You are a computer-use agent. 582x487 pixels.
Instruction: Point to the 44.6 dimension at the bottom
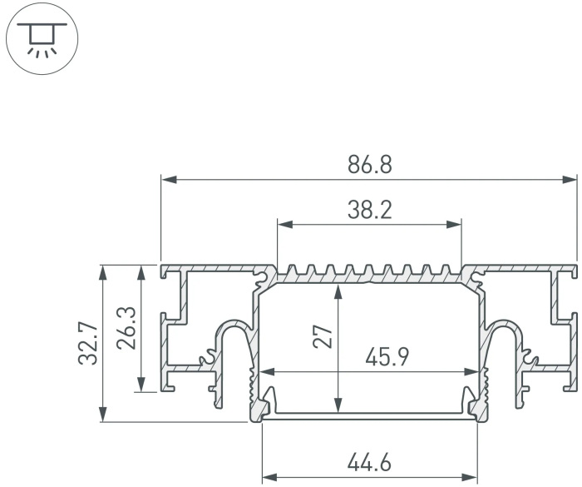coord(369,460)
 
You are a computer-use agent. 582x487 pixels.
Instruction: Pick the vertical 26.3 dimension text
coord(126,328)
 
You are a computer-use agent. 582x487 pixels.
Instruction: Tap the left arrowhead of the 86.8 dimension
coord(166,178)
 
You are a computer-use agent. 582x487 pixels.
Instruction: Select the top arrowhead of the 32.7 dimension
coord(104,271)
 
